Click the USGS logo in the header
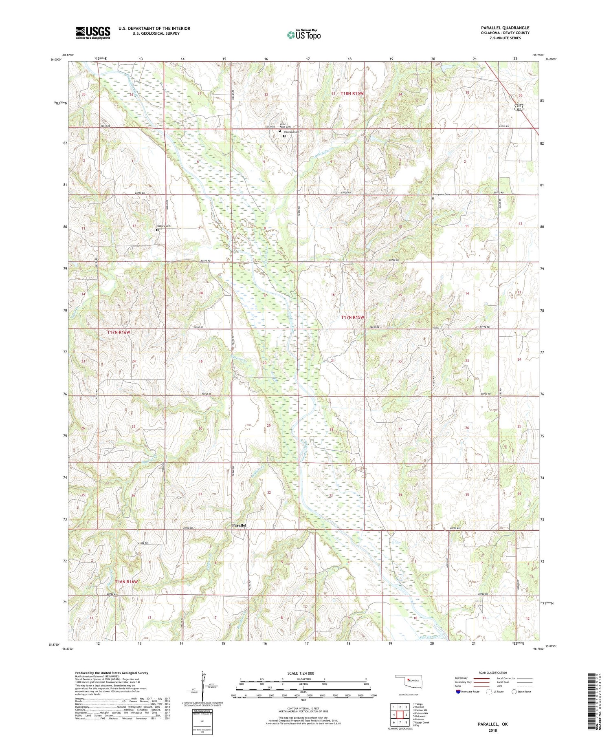93,33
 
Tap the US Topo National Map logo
303,35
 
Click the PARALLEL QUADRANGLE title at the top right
505,28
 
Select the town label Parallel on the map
239,525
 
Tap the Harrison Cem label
292,132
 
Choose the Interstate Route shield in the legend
458,692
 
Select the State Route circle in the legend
514,691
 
